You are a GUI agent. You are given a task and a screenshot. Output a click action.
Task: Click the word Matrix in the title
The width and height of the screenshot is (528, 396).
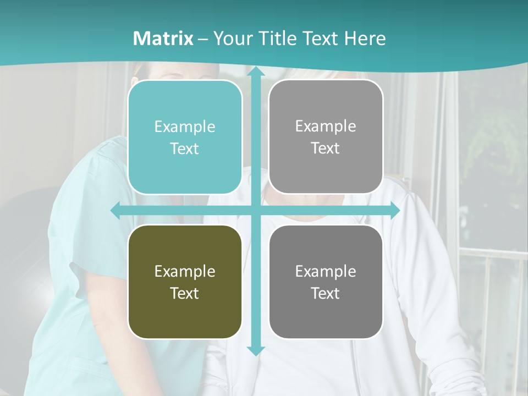[x=163, y=38]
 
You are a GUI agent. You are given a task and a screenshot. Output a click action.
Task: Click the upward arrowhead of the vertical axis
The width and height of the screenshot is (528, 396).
[x=256, y=71]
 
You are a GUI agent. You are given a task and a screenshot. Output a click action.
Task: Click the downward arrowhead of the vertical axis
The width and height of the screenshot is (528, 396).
[x=256, y=350]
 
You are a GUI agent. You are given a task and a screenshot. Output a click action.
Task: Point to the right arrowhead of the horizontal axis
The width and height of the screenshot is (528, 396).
[x=395, y=211]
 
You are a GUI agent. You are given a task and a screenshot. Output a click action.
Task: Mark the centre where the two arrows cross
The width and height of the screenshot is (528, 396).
[x=256, y=211]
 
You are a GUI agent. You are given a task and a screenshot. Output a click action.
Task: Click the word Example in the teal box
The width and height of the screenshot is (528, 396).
[x=185, y=127]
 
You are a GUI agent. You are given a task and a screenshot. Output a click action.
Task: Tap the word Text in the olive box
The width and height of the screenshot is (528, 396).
[x=185, y=293]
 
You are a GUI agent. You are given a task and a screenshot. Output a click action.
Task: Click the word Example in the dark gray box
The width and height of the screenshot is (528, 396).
[x=326, y=271]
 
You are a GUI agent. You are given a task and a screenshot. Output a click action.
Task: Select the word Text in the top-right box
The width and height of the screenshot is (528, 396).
[x=326, y=148]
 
